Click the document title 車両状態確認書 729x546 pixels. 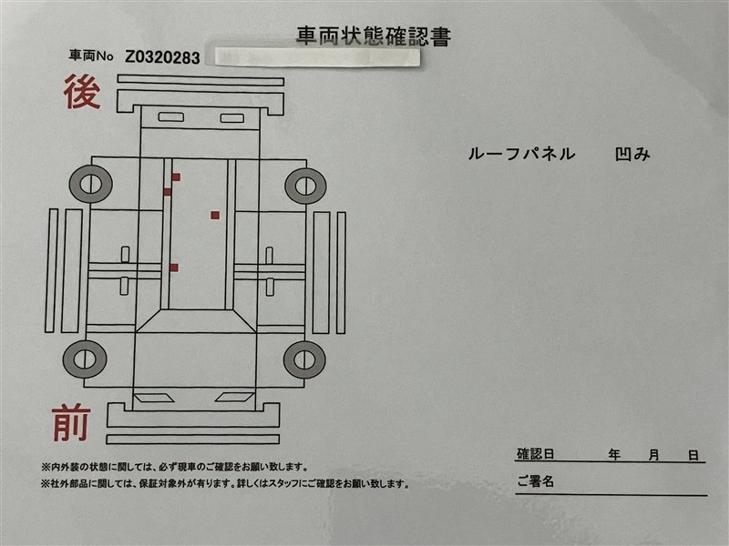pos(374,36)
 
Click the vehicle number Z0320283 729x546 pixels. pos(162,57)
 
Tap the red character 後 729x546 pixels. pos(82,93)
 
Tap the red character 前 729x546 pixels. pos(71,422)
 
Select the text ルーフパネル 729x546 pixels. pos(521,154)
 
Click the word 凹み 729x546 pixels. pos(632,154)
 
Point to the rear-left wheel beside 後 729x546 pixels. pos(90,184)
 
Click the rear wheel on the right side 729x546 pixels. pos(305,186)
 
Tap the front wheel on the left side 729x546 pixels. pos(85,359)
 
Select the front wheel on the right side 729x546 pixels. pos(304,359)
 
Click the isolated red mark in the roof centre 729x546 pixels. pos(215,215)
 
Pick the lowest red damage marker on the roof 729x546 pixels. pos(174,268)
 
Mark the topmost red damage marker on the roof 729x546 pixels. pos(176,177)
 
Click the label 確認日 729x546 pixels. pos(536,453)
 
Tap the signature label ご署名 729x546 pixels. pos(536,481)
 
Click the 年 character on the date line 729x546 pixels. pos(614,454)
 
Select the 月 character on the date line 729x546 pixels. pos(653,455)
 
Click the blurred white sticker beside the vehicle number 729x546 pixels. pos(317,57)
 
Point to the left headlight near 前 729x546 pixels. pos(153,398)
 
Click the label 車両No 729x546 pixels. pos(91,56)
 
